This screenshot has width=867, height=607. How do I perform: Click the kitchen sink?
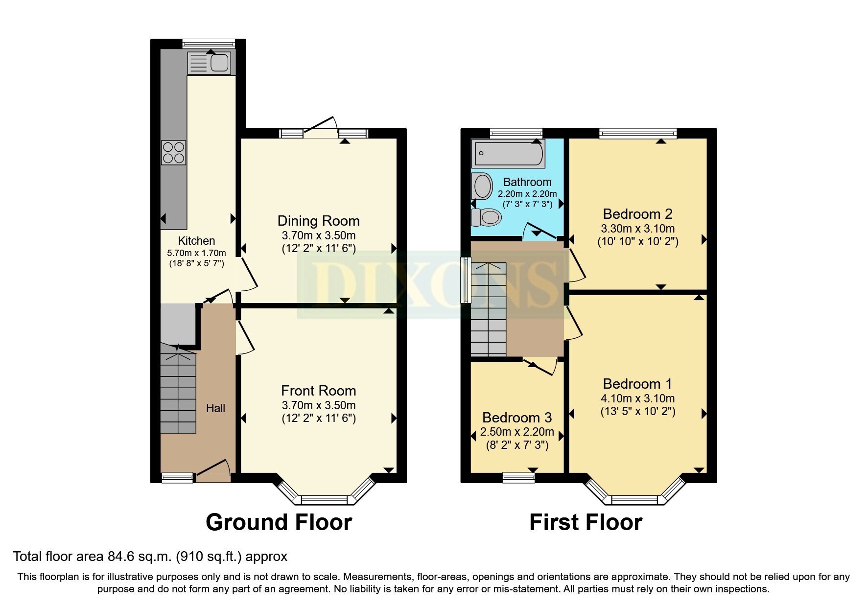pyautogui.click(x=209, y=63)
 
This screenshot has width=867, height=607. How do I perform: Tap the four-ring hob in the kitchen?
pyautogui.click(x=174, y=152)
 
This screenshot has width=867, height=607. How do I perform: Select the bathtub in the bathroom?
pyautogui.click(x=507, y=153)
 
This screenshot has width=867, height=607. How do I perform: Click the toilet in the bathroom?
pyautogui.click(x=486, y=216)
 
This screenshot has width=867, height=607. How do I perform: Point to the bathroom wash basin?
pyautogui.click(x=482, y=186)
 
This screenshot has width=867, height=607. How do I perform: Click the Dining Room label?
pyautogui.click(x=319, y=221)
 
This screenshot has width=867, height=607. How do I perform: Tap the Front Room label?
pyautogui.click(x=319, y=391)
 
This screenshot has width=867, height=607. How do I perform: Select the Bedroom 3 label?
pyautogui.click(x=517, y=418)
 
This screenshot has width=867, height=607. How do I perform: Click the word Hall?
pyautogui.click(x=215, y=408)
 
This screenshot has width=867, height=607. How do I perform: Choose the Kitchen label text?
pyautogui.click(x=196, y=241)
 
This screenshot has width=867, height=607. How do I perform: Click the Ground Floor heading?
pyautogui.click(x=279, y=522)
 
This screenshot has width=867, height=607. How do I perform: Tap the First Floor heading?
pyautogui.click(x=586, y=522)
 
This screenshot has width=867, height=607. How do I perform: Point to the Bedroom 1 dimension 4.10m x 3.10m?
pyautogui.click(x=638, y=398)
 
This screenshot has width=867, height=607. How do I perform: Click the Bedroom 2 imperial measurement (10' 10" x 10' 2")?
pyautogui.click(x=638, y=241)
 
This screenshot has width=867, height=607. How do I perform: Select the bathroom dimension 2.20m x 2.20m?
pyautogui.click(x=527, y=194)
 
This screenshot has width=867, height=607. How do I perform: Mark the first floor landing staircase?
pyautogui.click(x=489, y=309)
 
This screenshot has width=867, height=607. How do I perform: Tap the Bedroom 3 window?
pyautogui.click(x=519, y=477)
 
